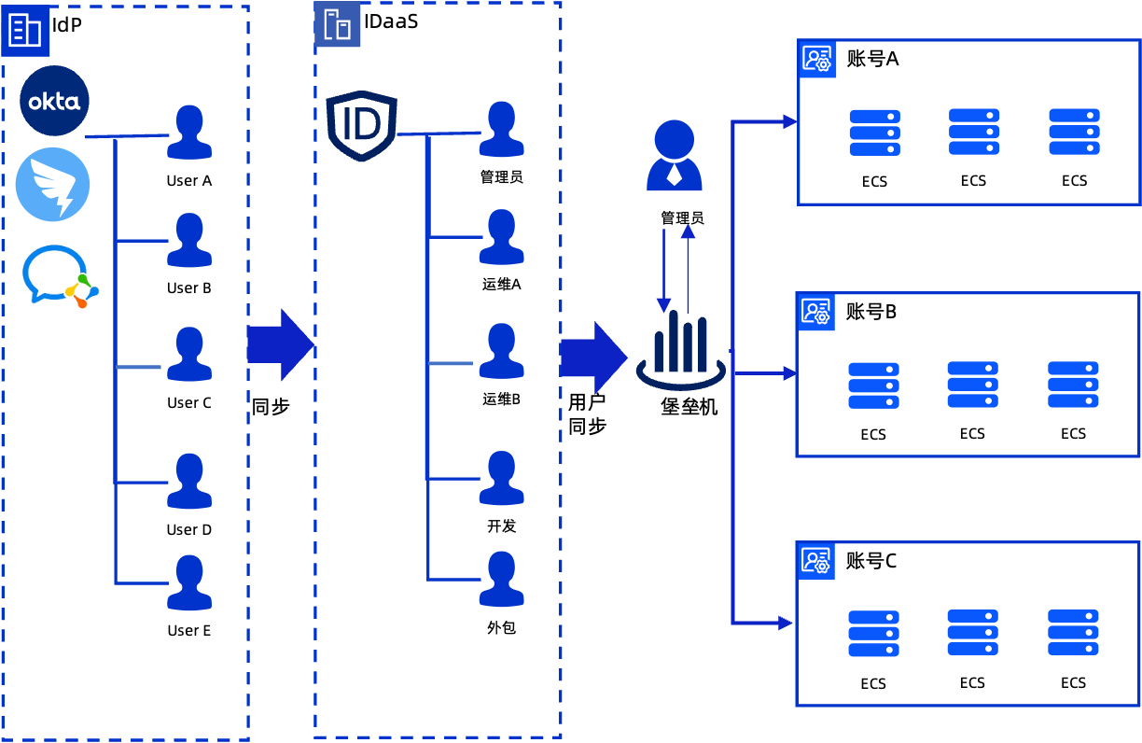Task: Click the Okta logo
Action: tap(54, 101)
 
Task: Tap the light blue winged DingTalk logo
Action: tap(52, 184)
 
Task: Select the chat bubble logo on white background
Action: tap(61, 275)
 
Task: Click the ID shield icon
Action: tap(362, 125)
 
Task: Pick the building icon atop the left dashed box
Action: tap(25, 31)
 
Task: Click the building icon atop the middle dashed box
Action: tap(337, 24)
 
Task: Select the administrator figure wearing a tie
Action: tap(675, 155)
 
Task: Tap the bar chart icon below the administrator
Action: tap(681, 348)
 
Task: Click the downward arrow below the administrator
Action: tap(663, 271)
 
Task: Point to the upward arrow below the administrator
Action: tap(688, 269)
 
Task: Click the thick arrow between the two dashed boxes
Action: tap(280, 344)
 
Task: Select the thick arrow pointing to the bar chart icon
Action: tap(593, 357)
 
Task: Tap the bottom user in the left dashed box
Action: tap(189, 582)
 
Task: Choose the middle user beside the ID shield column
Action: tap(501, 351)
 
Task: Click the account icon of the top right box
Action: tap(817, 60)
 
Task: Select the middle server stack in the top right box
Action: tap(974, 132)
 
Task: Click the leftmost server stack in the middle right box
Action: tap(873, 386)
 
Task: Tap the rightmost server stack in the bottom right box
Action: tap(1073, 633)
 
